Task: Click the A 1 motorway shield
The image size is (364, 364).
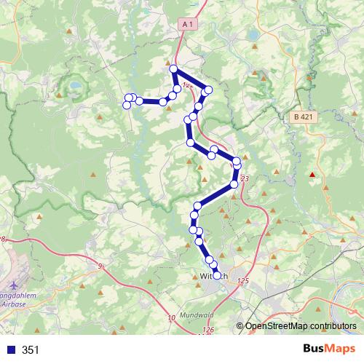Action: click(x=188, y=25)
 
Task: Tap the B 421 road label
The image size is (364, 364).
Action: click(x=304, y=116)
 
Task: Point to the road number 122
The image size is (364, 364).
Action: click(x=188, y=85)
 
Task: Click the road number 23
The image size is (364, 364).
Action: click(x=244, y=178)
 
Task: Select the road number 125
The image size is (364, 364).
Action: click(x=242, y=280)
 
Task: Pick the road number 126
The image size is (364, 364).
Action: click(x=209, y=330)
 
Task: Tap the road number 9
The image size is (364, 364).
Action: click(x=99, y=267)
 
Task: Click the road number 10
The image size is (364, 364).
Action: click(x=171, y=318)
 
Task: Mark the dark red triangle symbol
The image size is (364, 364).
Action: click(x=313, y=174)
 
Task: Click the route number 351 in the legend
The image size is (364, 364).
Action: click(x=31, y=350)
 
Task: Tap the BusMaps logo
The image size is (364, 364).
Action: click(x=328, y=349)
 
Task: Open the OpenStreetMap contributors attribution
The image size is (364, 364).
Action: click(x=300, y=325)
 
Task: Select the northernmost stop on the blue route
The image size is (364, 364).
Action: click(x=173, y=68)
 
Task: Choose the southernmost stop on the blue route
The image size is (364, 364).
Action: click(x=216, y=275)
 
